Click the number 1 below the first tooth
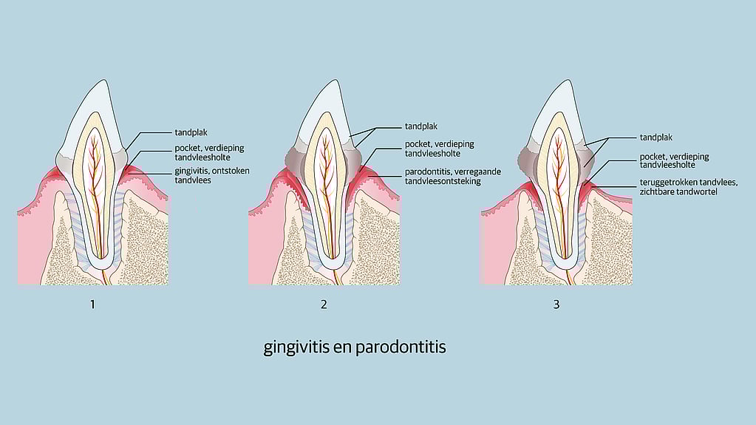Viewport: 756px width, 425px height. pyautogui.click(x=92, y=305)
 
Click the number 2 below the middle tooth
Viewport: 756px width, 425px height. pyautogui.click(x=324, y=305)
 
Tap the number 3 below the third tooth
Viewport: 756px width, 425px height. pyautogui.click(x=556, y=305)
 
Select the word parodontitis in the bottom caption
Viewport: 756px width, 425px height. pyautogui.click(x=401, y=347)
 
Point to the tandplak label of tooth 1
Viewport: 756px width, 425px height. pyautogui.click(x=191, y=132)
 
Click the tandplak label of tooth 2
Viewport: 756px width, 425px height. pyautogui.click(x=421, y=126)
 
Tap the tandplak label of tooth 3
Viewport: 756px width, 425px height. pyautogui.click(x=655, y=137)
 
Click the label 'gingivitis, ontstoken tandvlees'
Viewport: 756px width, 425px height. pyautogui.click(x=212, y=176)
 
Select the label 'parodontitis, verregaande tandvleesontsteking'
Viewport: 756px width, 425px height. pyautogui.click(x=453, y=177)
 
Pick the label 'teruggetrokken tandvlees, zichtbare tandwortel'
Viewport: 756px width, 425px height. pyautogui.click(x=689, y=187)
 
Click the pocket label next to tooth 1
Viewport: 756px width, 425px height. pyautogui.click(x=209, y=152)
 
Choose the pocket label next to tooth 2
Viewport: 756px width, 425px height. pyautogui.click(x=439, y=149)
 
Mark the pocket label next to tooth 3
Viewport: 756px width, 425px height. pyautogui.click(x=674, y=160)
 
